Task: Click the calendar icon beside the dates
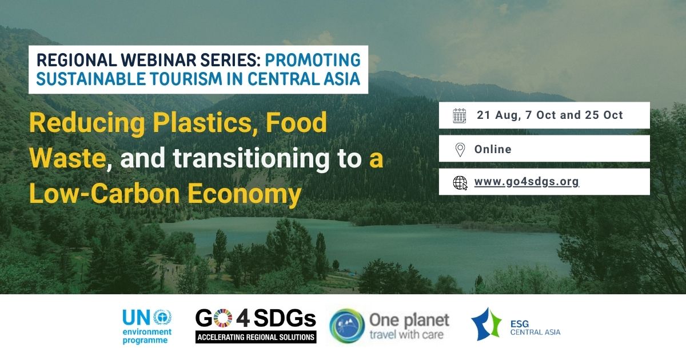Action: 460,115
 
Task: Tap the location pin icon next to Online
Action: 460,149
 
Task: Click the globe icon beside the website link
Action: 460,182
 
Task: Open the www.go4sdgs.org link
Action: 527,182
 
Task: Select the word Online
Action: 493,149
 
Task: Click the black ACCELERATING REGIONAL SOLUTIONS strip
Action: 256,337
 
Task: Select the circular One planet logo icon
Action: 347,326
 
